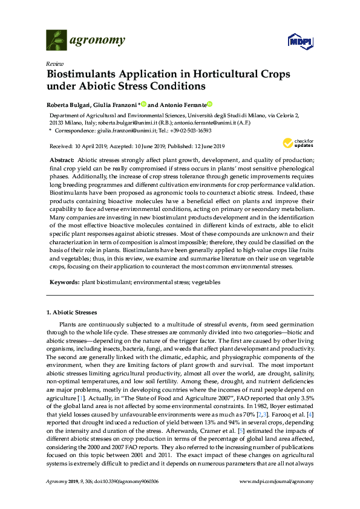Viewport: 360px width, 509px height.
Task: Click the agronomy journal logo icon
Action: tap(56, 40)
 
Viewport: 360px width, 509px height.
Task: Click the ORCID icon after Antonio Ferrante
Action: tap(210, 103)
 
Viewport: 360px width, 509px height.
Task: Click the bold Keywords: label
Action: tap(64, 282)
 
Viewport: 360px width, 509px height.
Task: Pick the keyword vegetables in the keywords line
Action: tap(206, 282)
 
